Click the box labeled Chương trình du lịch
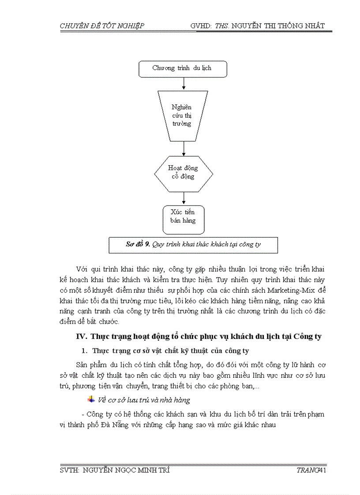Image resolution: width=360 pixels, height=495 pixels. (x=183, y=69)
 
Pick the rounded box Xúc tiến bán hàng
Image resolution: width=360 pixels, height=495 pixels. (x=183, y=219)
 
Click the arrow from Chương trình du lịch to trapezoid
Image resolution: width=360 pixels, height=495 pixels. (x=183, y=84)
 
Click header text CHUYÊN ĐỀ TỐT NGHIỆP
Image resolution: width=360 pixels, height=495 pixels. (x=102, y=26)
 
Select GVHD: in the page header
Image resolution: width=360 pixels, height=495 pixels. (x=201, y=26)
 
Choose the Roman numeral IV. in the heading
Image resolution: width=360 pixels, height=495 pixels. (x=82, y=337)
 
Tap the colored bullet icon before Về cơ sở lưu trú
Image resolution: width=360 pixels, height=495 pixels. (x=91, y=399)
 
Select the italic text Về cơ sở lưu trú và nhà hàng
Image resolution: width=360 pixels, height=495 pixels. (x=144, y=400)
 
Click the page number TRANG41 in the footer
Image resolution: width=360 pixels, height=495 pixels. (x=311, y=471)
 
